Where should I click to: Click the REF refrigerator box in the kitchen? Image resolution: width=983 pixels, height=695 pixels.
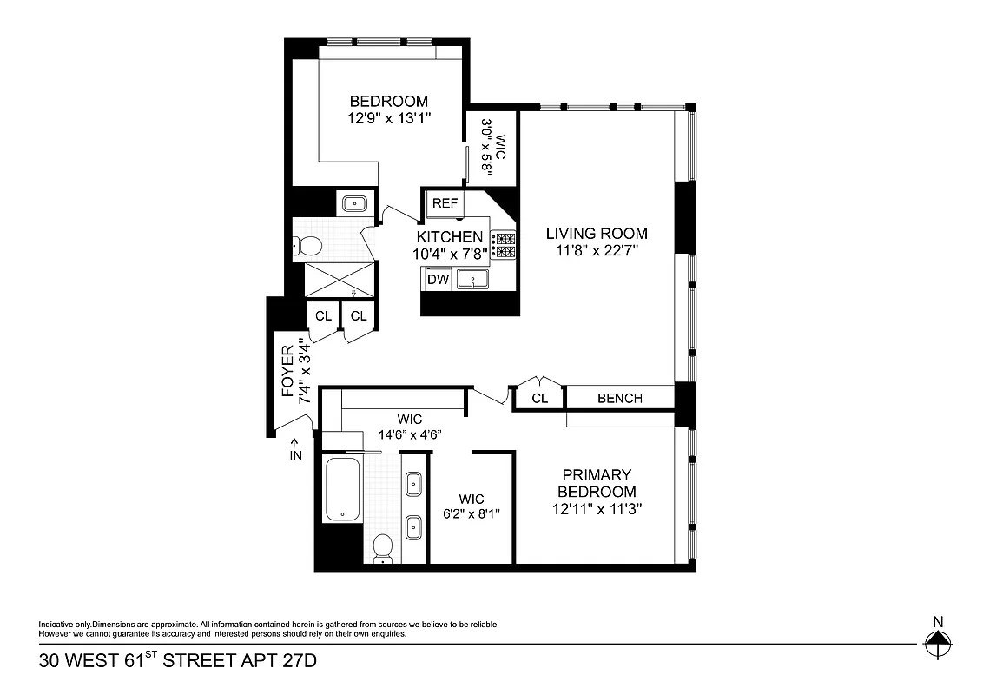click(x=445, y=203)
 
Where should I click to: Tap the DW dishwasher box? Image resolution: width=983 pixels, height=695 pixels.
click(x=439, y=280)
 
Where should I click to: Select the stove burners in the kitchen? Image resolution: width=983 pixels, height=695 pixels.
click(x=504, y=244)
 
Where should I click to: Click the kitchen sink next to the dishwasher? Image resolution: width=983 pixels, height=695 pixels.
click(x=472, y=280)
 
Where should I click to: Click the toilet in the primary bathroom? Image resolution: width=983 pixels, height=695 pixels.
click(x=382, y=549)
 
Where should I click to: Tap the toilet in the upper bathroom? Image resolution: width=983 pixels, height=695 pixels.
click(x=307, y=246)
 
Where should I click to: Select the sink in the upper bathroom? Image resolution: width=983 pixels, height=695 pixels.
click(x=354, y=204)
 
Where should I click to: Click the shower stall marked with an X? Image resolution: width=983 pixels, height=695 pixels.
click(x=339, y=281)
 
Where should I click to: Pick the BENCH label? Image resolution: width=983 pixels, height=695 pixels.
click(x=620, y=398)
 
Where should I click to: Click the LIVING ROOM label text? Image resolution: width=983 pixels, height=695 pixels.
click(x=597, y=233)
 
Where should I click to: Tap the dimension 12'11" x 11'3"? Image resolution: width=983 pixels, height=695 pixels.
click(x=597, y=508)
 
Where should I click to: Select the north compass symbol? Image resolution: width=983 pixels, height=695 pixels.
click(x=937, y=644)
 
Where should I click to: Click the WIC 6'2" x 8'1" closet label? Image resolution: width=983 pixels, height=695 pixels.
click(x=472, y=506)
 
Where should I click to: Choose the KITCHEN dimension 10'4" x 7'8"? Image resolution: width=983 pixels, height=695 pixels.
click(x=449, y=255)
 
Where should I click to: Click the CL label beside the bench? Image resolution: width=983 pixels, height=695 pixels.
click(x=539, y=398)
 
